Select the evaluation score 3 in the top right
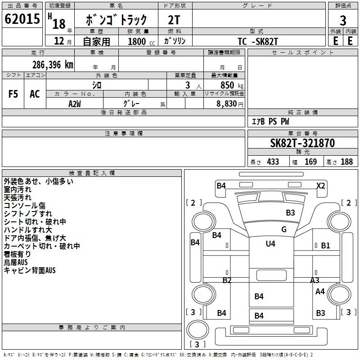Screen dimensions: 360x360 point(343,20)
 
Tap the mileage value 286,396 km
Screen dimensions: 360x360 point(53,64)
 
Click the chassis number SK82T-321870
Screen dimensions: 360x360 point(302,143)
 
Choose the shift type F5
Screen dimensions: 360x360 point(13,94)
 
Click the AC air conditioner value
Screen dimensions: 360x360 point(35,94)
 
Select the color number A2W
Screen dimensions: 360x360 point(75,104)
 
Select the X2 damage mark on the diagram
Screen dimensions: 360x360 point(321,185)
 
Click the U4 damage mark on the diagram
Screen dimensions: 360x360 point(270,243)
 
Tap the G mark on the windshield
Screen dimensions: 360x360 point(283,229)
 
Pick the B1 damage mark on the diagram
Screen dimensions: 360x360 point(325,246)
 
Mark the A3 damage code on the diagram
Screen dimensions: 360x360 point(315,280)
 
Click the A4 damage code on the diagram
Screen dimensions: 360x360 point(320,292)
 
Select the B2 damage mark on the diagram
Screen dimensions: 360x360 point(227,280)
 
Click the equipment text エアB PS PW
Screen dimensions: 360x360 point(270,121)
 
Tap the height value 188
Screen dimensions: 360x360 point(346,162)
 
